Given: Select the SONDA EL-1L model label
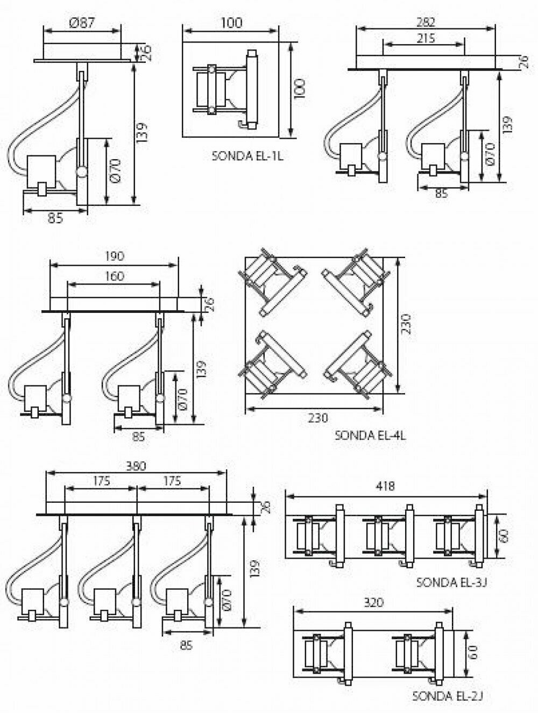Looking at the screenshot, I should pyautogui.click(x=247, y=156).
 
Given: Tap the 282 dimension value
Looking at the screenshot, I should pyautogui.click(x=424, y=22).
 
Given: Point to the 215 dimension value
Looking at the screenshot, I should pyautogui.click(x=424, y=38).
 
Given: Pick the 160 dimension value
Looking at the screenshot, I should pyautogui.click(x=114, y=276).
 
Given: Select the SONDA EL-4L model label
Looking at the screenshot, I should pyautogui.click(x=370, y=434).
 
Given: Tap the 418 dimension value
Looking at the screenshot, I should pyautogui.click(x=385, y=487).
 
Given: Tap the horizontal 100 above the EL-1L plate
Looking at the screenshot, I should pyautogui.click(x=231, y=23).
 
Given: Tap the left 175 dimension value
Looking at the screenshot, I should pyautogui.click(x=101, y=480).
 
